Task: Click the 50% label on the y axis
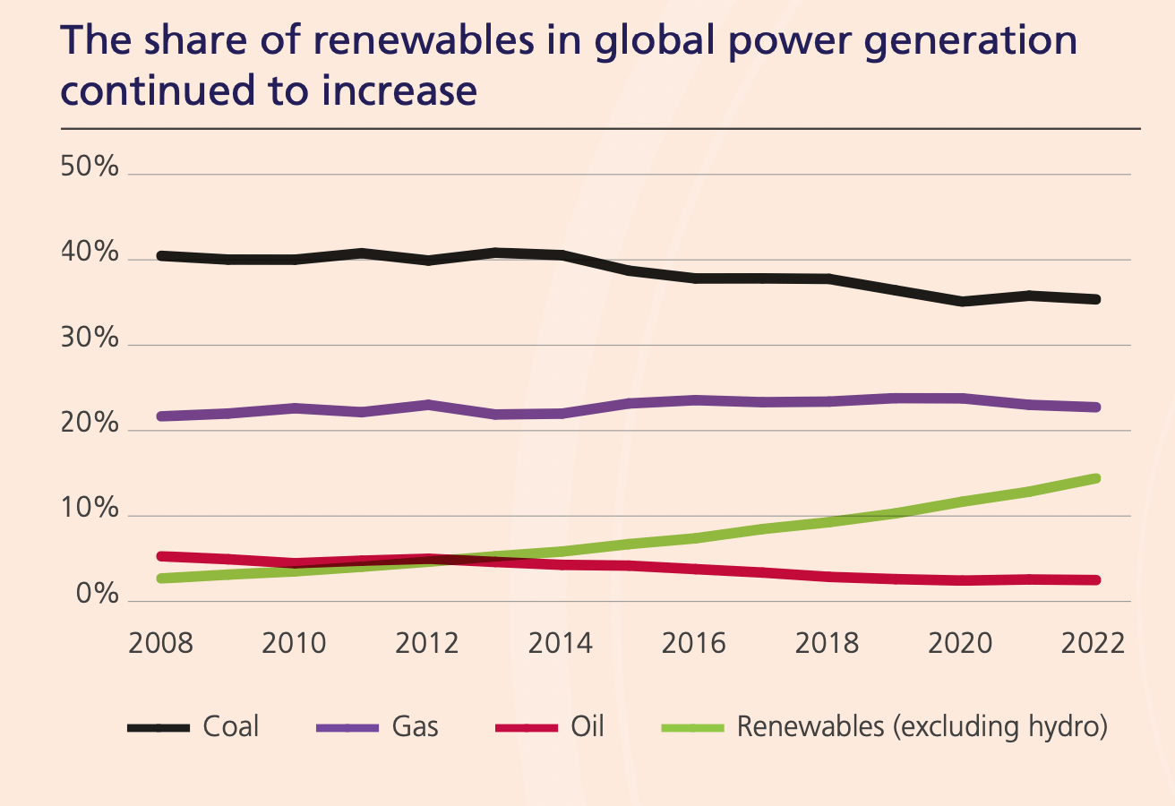[x=90, y=167]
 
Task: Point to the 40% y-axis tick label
[x=90, y=253]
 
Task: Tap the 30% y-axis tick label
[x=90, y=339]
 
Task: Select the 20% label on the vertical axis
[x=90, y=424]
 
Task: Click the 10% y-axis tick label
[x=90, y=510]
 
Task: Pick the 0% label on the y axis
[x=96, y=595]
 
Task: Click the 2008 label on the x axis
[x=161, y=643]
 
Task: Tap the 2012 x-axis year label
[x=427, y=643]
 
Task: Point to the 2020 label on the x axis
[x=960, y=643]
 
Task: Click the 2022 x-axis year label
[x=1093, y=643]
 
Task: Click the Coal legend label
[x=231, y=725]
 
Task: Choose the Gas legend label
[x=416, y=725]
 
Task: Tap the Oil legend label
[x=587, y=725]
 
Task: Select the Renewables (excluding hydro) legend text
[x=922, y=725]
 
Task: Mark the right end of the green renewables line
[x=1095, y=478]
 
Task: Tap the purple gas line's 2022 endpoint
[x=1095, y=407]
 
